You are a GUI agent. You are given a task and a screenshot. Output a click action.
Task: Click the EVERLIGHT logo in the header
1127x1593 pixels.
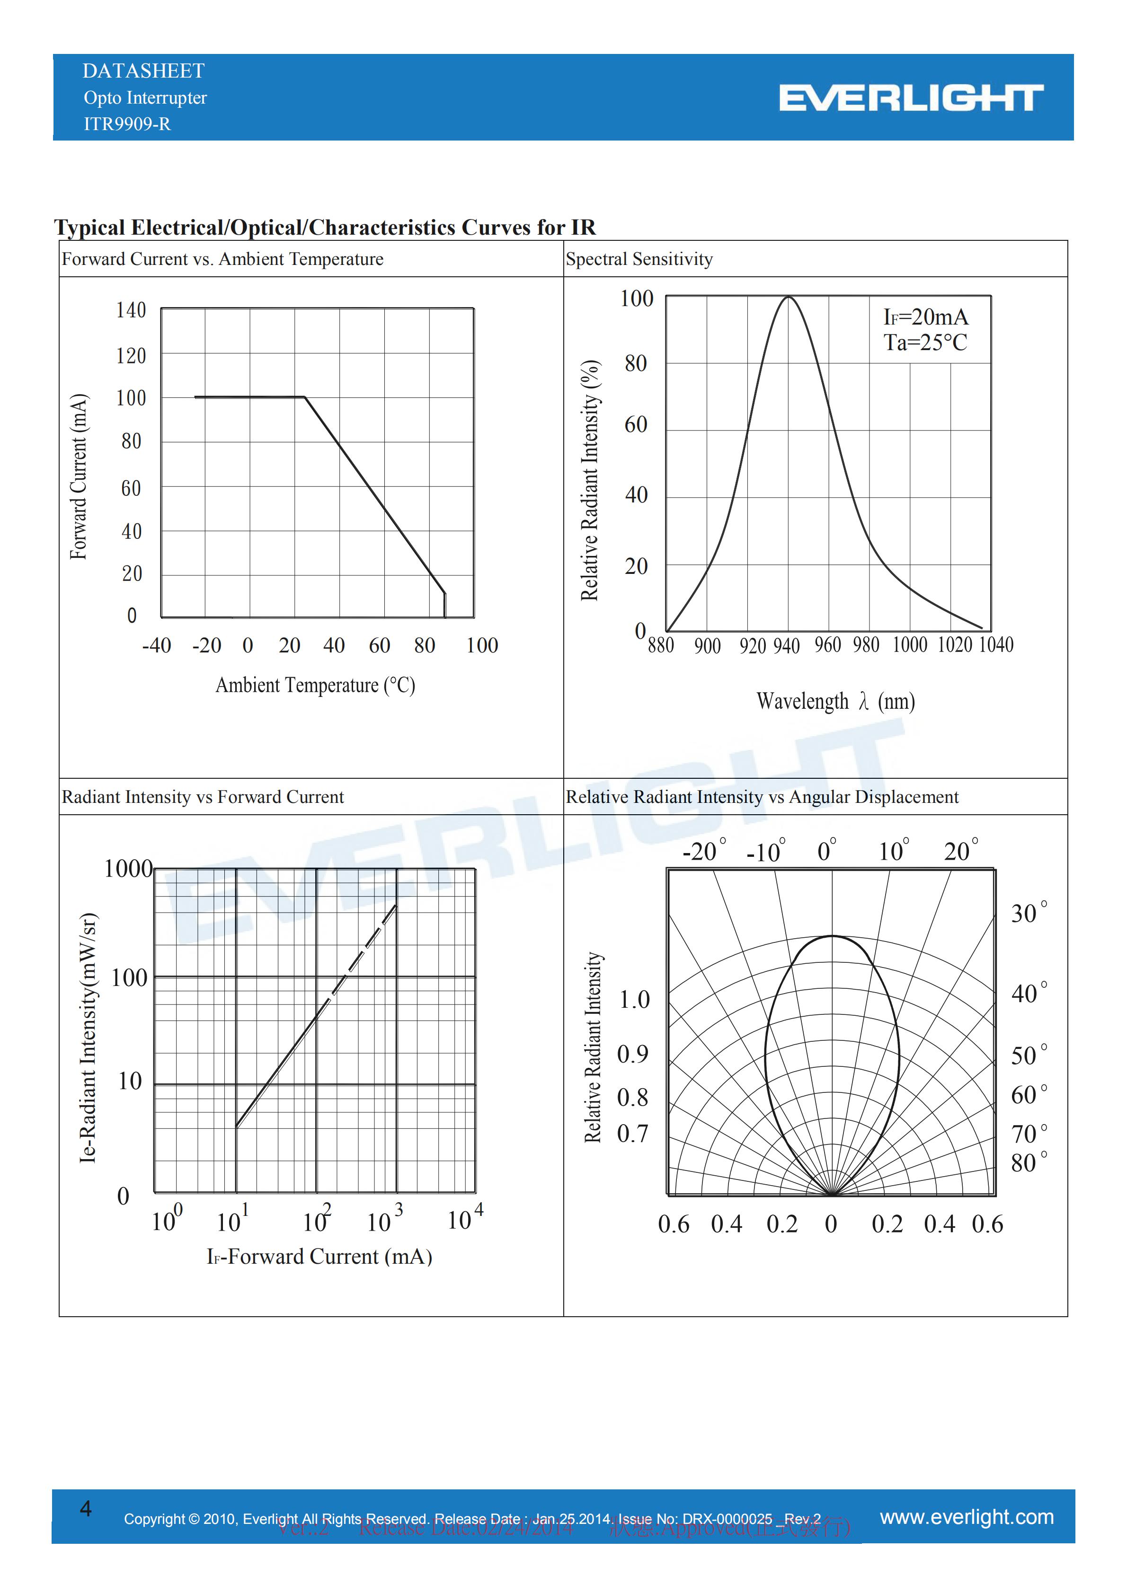tap(911, 98)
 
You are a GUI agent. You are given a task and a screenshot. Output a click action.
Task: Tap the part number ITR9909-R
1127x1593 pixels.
tap(127, 124)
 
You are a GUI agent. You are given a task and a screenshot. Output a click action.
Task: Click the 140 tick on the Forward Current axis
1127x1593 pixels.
tap(131, 310)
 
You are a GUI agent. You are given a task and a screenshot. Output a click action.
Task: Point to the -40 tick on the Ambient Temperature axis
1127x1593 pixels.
tap(157, 645)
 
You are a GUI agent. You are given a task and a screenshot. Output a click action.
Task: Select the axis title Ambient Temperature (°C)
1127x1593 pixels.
tap(315, 686)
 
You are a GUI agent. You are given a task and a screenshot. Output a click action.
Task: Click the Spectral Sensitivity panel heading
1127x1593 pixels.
tap(639, 259)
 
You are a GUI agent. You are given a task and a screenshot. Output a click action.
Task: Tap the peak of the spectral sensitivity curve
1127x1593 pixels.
tap(789, 297)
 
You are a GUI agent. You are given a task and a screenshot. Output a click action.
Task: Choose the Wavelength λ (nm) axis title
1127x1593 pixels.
tap(835, 702)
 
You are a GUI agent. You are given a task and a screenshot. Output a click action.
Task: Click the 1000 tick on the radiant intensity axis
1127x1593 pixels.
tap(128, 869)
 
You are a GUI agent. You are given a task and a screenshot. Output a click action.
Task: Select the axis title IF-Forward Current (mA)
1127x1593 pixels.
tap(319, 1257)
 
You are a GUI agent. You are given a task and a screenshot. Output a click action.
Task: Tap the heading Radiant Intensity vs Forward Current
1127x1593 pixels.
tap(203, 797)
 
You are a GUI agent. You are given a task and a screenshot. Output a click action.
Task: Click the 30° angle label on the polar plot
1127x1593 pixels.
tap(1029, 913)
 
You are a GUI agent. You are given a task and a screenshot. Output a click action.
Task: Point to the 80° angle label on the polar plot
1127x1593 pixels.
tap(1029, 1163)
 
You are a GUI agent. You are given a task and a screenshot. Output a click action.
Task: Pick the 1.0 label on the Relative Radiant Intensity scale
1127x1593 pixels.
tap(634, 1000)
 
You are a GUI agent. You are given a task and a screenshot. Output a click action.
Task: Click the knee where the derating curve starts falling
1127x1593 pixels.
tap(305, 397)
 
